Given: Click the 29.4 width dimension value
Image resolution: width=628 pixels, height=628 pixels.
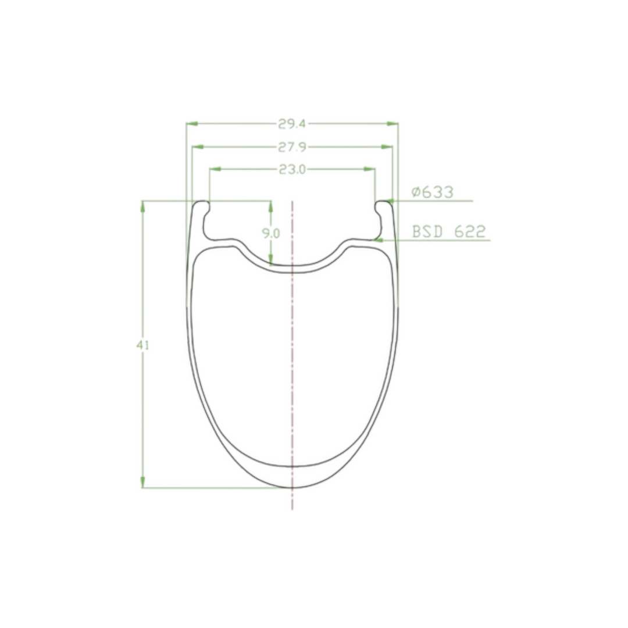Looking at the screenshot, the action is pos(292,124).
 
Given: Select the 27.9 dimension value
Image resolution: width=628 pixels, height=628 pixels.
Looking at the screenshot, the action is pos(292,147).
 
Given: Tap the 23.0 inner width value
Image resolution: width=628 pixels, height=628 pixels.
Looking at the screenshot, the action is pos(292,170).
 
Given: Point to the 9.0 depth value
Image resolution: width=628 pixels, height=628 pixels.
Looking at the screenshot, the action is pos(271,233).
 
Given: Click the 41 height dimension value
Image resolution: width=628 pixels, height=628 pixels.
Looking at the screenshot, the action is pos(142,345).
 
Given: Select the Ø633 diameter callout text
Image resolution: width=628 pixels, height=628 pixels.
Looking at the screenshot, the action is pos(433,192).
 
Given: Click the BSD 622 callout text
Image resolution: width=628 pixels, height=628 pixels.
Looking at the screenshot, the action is pos(449,231).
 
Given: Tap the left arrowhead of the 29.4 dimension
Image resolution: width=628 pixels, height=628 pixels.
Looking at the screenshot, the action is pos(192,124).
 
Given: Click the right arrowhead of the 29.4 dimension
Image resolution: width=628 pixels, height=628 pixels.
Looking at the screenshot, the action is pos(392,124).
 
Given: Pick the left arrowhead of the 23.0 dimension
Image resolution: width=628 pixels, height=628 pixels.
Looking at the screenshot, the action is pos(216,169).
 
